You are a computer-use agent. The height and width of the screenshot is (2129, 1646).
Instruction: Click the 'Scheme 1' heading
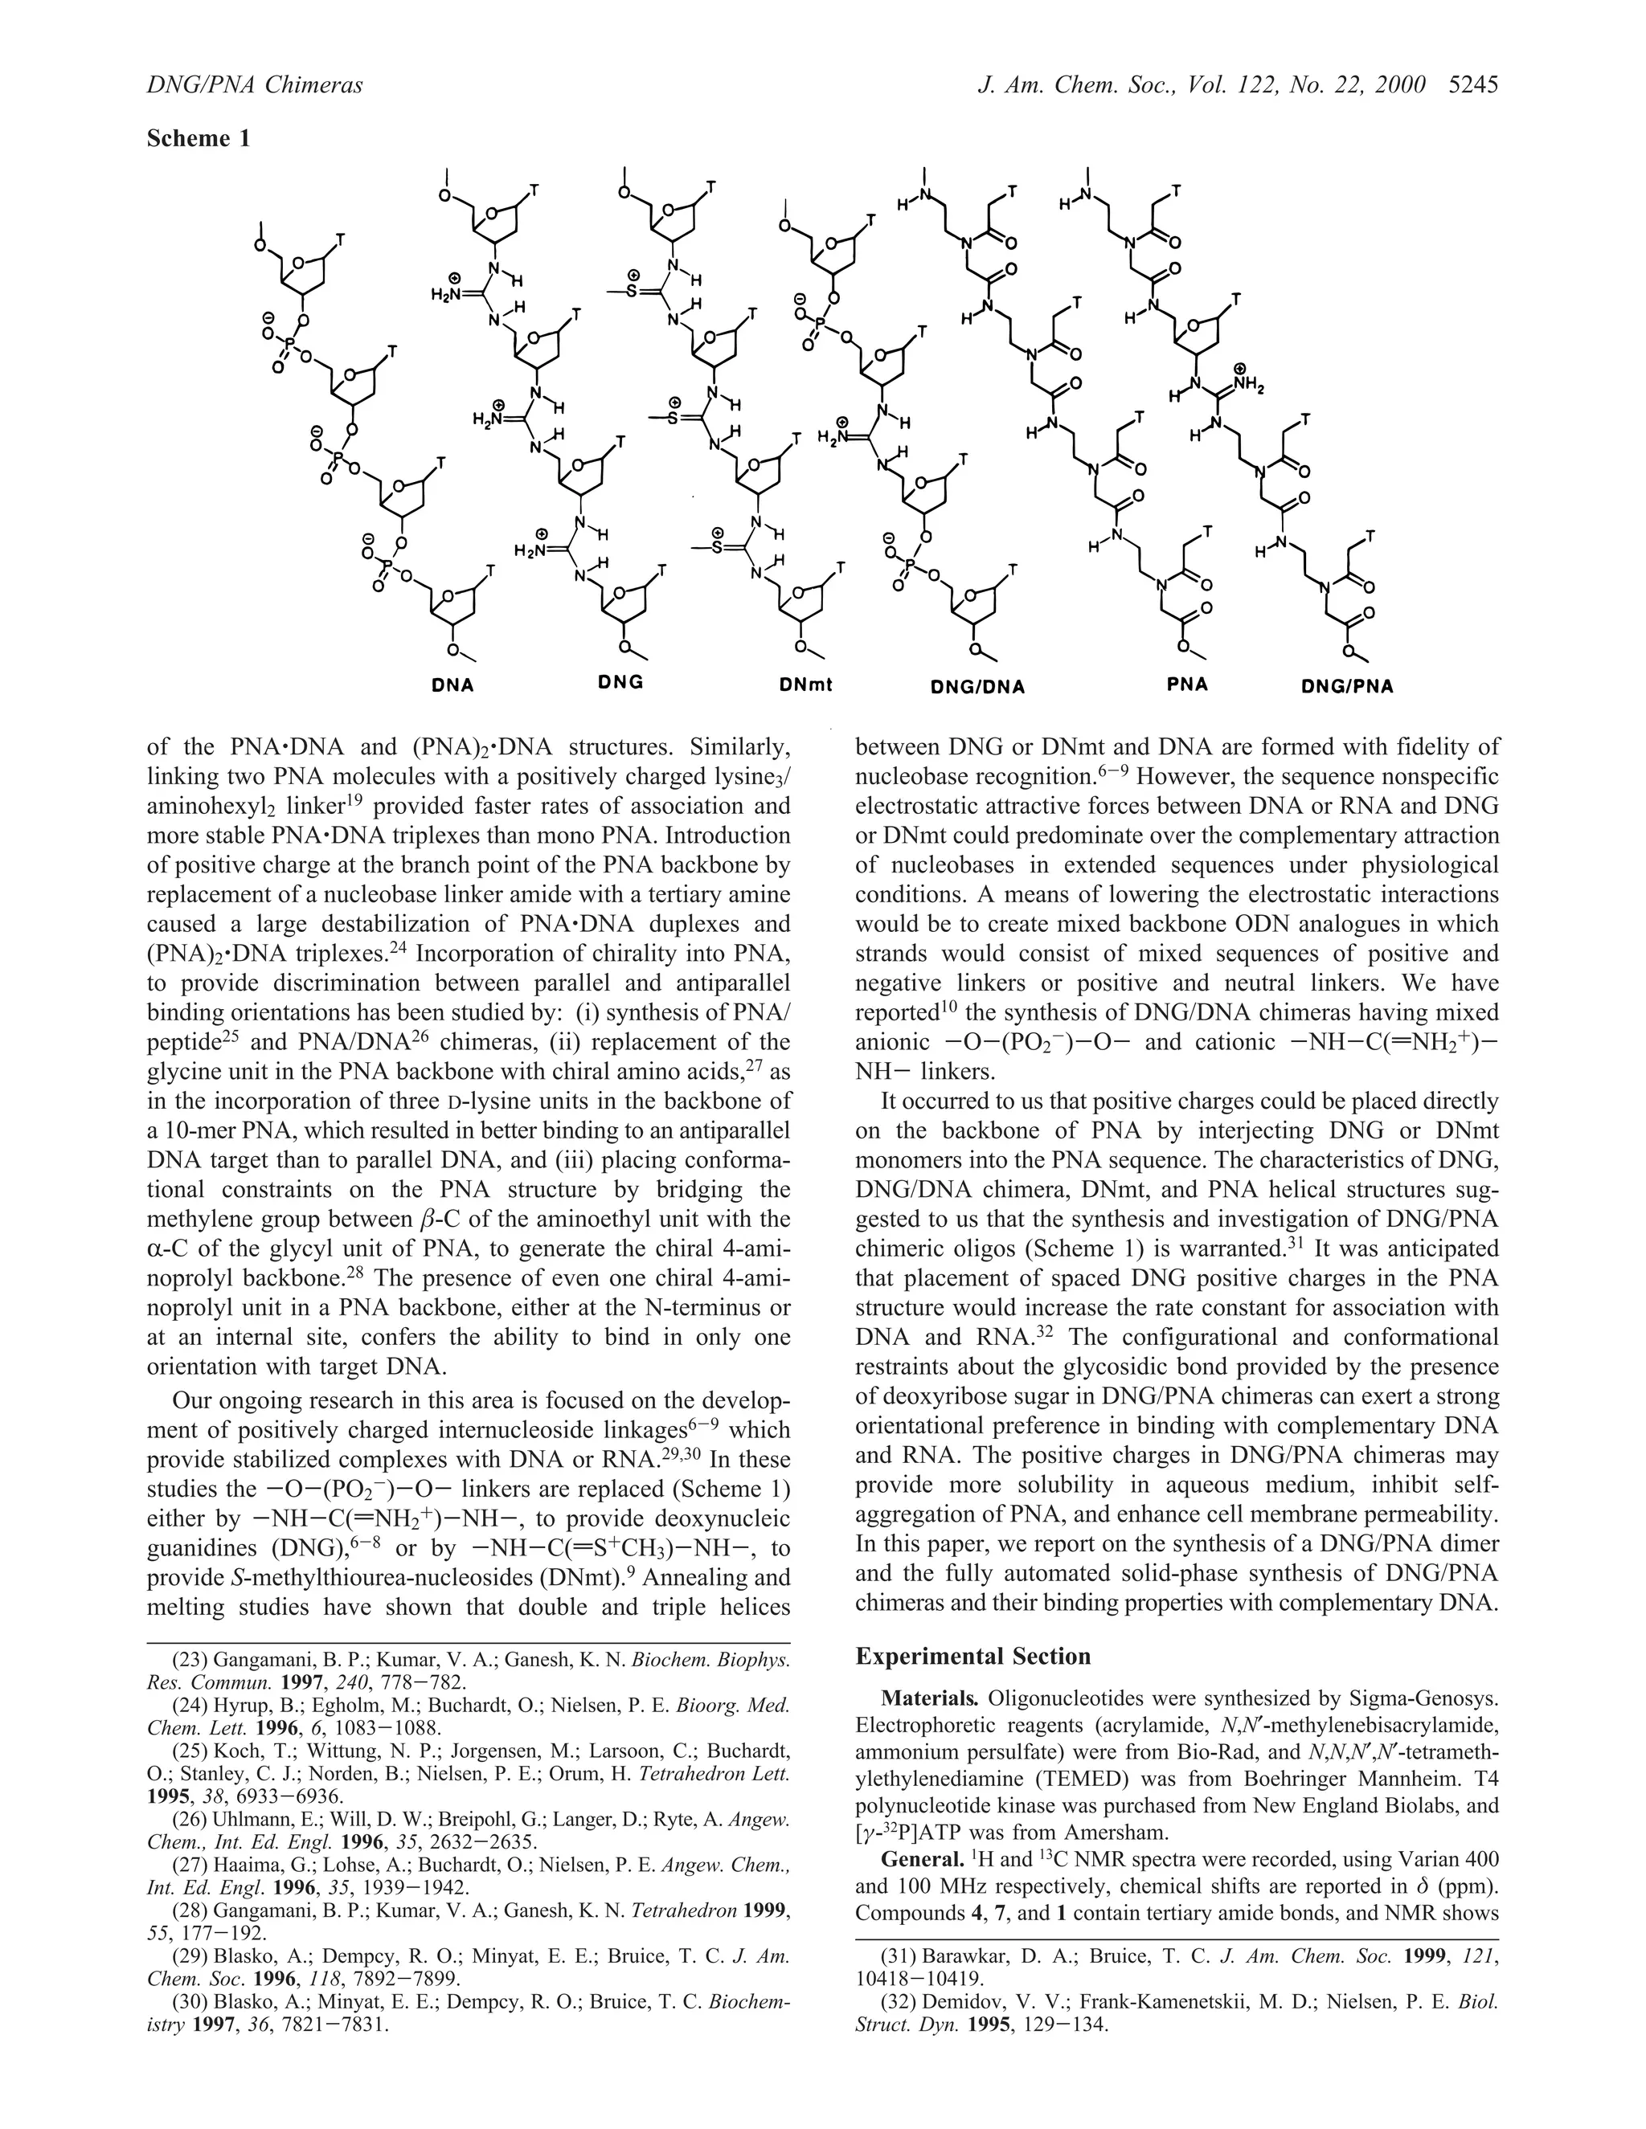pyautogui.click(x=198, y=138)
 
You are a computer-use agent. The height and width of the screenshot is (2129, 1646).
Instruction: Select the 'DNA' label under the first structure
pyautogui.click(x=452, y=685)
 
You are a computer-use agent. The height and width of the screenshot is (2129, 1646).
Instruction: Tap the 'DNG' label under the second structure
pyautogui.click(x=621, y=682)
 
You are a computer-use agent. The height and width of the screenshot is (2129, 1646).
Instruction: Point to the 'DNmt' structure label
pyautogui.click(x=805, y=685)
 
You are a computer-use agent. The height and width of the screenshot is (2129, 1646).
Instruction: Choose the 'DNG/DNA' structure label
pyautogui.click(x=977, y=686)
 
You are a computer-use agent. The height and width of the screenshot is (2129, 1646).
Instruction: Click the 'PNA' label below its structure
pyautogui.click(x=1187, y=684)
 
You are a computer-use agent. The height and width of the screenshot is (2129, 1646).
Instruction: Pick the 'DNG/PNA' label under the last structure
pyautogui.click(x=1348, y=686)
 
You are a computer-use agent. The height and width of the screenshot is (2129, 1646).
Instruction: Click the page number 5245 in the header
pyautogui.click(x=1472, y=86)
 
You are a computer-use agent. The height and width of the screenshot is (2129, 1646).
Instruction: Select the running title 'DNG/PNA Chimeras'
pyautogui.click(x=255, y=86)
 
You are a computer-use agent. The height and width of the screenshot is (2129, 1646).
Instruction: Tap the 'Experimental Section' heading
pyautogui.click(x=972, y=1657)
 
